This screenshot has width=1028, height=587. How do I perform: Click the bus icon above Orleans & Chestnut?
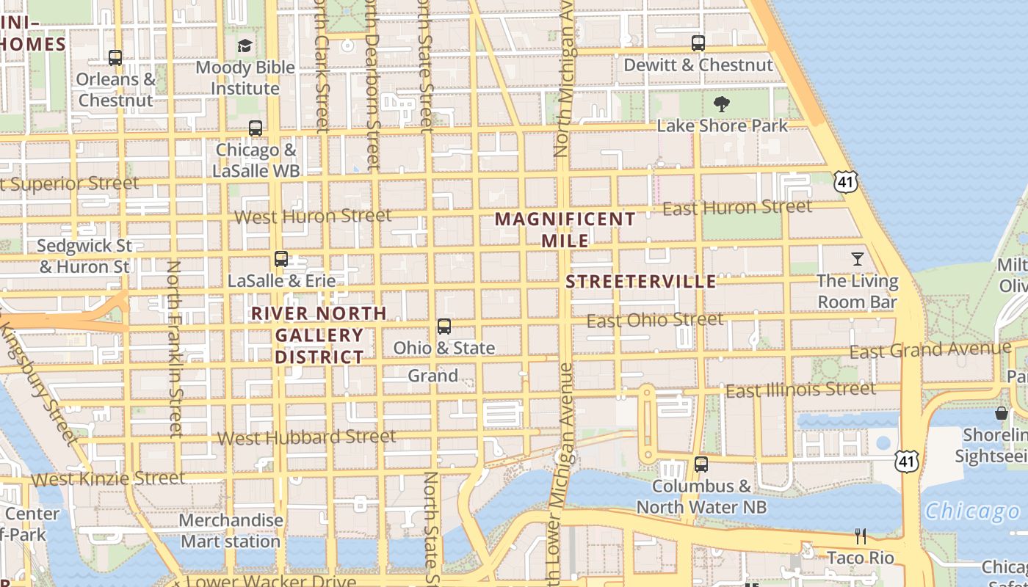(115, 57)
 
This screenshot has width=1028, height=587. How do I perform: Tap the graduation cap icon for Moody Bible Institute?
(245, 46)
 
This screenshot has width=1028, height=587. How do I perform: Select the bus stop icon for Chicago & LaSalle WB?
(256, 128)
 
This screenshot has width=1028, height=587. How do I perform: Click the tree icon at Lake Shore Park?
(722, 104)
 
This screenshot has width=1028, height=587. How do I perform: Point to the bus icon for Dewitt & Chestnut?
(698, 43)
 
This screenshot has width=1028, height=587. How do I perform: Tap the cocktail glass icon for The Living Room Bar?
(857, 259)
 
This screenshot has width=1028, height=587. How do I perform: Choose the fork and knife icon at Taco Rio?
(861, 536)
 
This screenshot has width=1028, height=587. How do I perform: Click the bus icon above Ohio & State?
(444, 327)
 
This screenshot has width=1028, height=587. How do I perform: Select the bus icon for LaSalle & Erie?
(281, 259)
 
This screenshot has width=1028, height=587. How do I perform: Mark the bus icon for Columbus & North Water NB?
(701, 464)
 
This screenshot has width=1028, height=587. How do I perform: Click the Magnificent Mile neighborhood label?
(565, 230)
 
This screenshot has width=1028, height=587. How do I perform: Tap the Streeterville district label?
(641, 282)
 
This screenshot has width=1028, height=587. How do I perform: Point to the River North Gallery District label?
(319, 335)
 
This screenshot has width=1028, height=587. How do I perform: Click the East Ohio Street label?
(655, 320)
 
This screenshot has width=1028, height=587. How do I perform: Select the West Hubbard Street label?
(307, 437)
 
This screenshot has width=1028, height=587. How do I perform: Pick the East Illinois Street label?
(800, 390)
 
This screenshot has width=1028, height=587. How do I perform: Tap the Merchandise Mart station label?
(231, 531)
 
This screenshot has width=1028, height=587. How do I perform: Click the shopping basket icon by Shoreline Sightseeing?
(1001, 413)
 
